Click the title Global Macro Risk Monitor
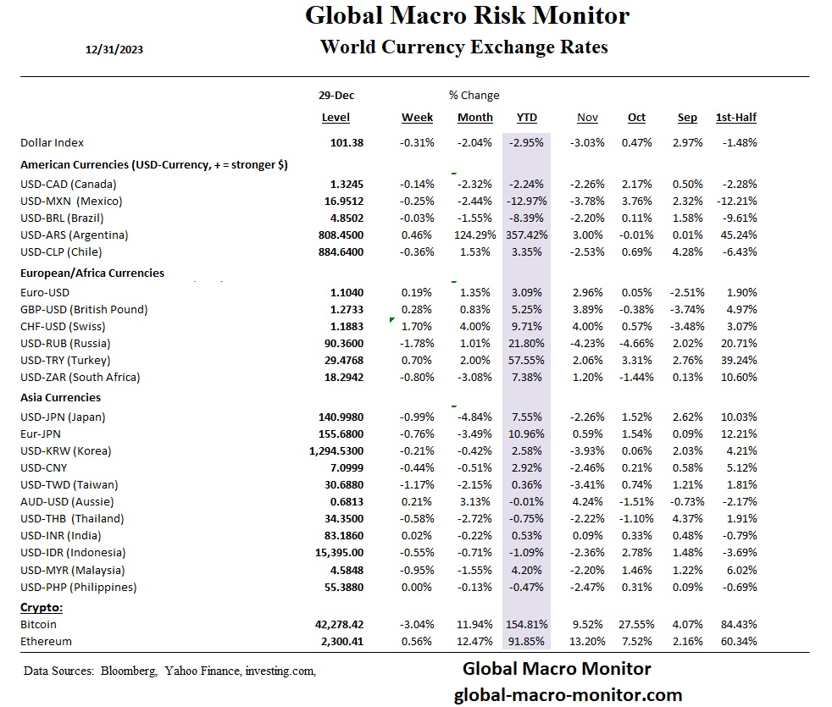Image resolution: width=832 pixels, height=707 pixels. point(467,15)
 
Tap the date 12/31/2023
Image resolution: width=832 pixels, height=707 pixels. point(114,50)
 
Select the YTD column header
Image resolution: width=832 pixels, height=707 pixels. point(526,118)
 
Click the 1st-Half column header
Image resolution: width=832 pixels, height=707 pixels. point(736,118)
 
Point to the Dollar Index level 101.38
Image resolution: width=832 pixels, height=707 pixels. point(347,143)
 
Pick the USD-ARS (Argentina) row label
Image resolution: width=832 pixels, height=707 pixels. point(74,235)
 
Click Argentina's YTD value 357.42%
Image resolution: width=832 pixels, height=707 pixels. point(526,235)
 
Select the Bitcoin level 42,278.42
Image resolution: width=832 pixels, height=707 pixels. point(339,625)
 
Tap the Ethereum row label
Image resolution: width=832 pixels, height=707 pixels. point(47,642)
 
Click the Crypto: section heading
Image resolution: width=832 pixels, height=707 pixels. point(42,607)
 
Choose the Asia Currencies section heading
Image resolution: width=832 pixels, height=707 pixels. point(60,397)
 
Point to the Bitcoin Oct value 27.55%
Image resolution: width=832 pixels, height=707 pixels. point(635,625)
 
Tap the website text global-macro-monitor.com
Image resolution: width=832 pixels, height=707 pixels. point(568,695)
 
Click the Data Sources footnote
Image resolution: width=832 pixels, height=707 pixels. point(169,671)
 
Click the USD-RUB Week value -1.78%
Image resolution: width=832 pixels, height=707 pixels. point(417,343)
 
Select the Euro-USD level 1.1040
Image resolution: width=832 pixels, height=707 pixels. point(347,292)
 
